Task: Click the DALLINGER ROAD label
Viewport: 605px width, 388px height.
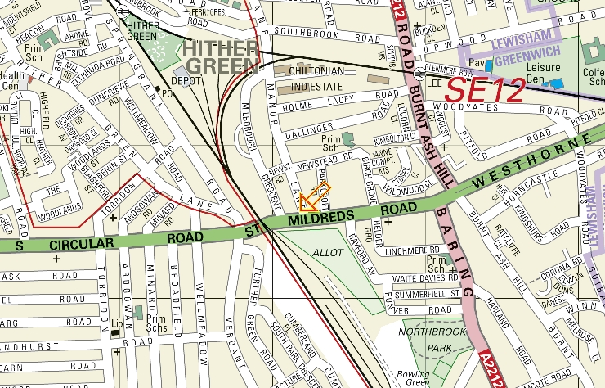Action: (x=335, y=127)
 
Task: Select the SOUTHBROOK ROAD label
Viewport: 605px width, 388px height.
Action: (x=320, y=34)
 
